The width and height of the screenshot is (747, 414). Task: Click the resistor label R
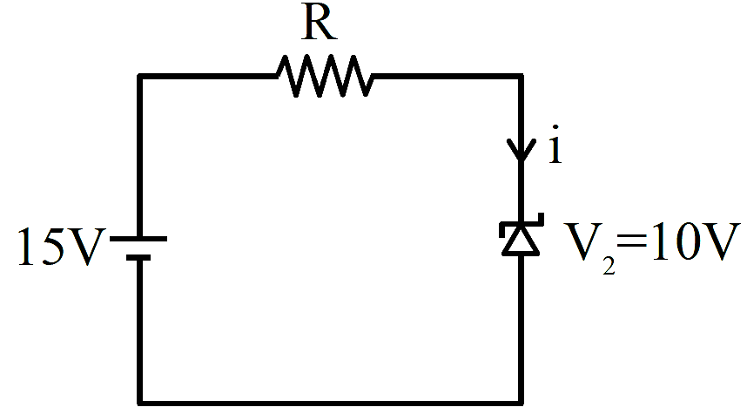tap(319, 24)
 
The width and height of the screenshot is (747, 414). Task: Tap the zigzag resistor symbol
tap(325, 76)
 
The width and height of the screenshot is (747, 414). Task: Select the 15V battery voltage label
tap(60, 246)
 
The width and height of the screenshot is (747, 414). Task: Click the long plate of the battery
tap(138, 239)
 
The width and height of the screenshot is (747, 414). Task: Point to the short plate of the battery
tap(138, 258)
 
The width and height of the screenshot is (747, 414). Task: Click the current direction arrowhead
tap(522, 149)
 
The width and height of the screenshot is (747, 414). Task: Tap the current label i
tap(555, 145)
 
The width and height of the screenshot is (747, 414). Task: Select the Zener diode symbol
tap(522, 234)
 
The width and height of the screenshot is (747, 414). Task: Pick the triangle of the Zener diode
tap(522, 241)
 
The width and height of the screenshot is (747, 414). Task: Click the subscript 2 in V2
tap(609, 266)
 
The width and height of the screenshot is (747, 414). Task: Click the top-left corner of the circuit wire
tap(139, 76)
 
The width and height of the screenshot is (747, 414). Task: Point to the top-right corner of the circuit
tap(522, 76)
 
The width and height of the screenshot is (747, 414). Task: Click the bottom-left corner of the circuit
tap(139, 403)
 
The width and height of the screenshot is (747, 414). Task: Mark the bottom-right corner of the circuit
tap(522, 403)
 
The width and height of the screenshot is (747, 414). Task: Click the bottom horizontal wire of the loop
tap(331, 403)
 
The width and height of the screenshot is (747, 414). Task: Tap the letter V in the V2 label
tap(582, 241)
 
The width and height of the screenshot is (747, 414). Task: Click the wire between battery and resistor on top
tap(208, 76)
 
